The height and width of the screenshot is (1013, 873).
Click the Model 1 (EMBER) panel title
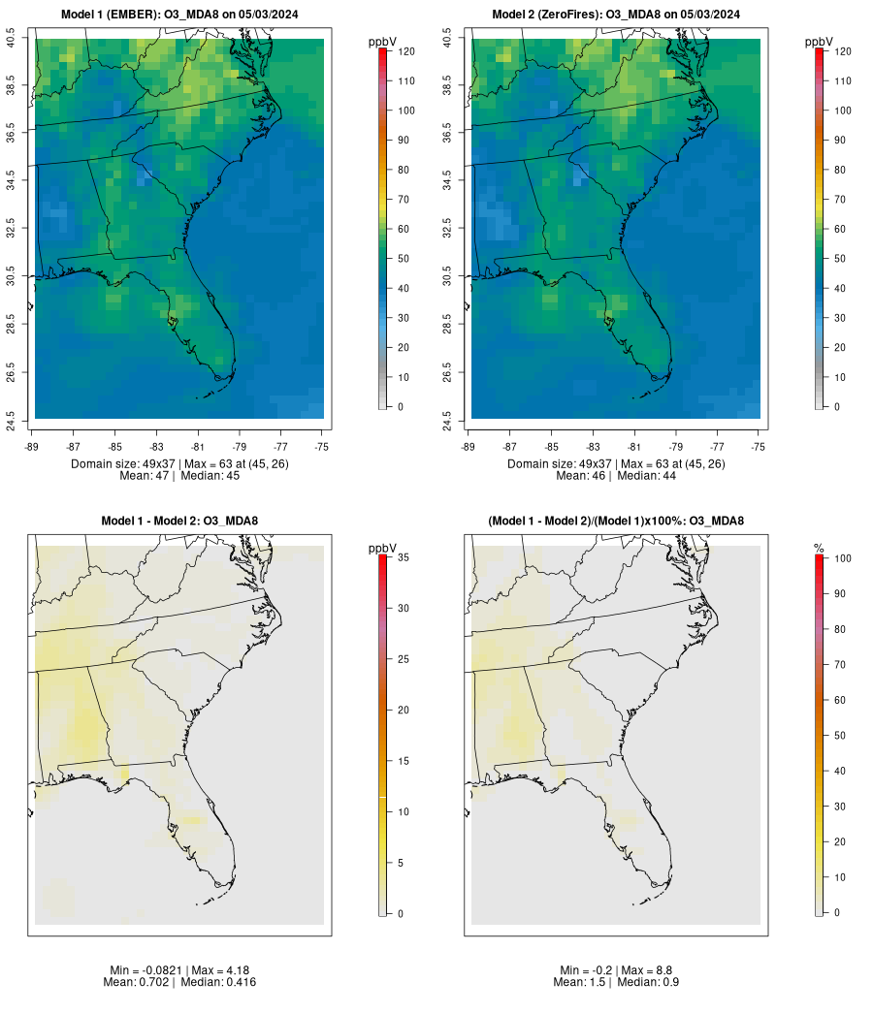pos(179,14)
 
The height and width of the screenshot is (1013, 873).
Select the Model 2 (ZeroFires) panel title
pos(616,14)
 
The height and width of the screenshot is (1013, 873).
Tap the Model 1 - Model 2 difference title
pos(179,522)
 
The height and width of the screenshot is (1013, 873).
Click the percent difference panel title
pos(616,522)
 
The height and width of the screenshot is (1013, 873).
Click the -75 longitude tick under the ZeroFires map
pos(759,447)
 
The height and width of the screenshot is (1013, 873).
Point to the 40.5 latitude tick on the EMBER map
pos(11,40)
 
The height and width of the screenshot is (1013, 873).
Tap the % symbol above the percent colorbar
pos(819,549)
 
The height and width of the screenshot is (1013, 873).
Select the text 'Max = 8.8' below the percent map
pos(650,970)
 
